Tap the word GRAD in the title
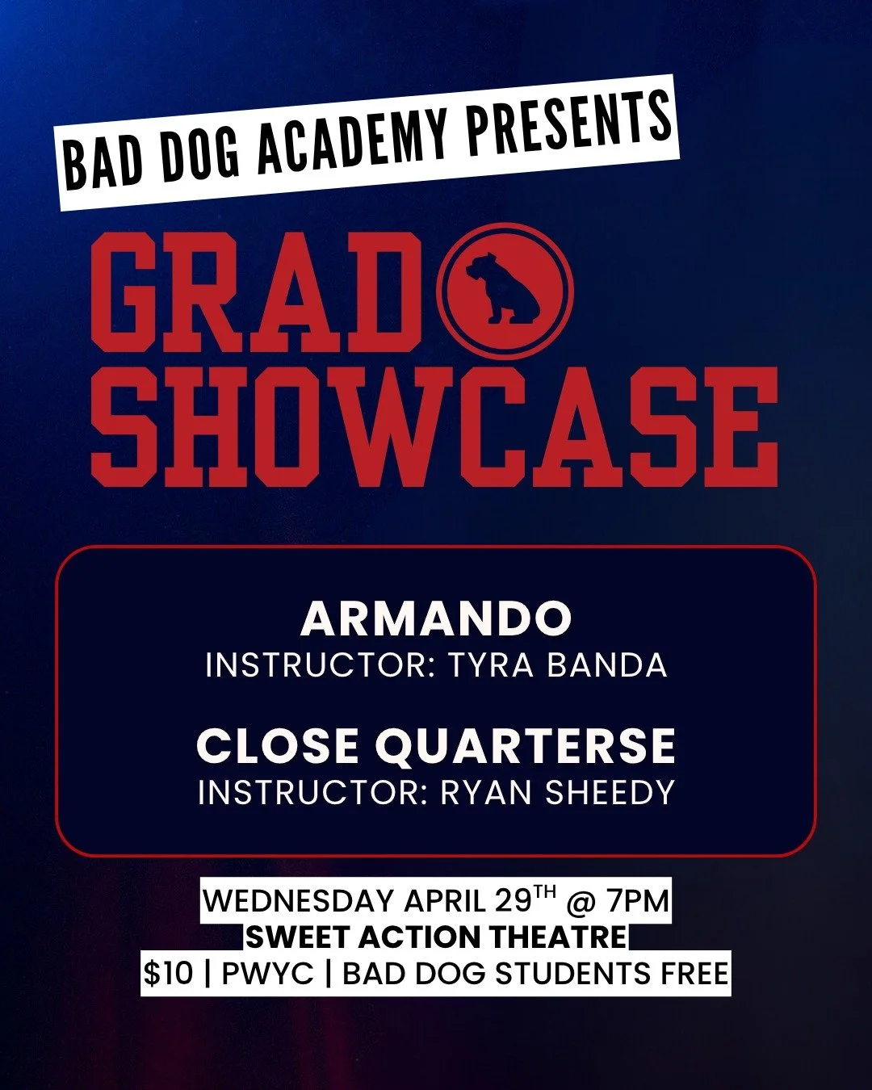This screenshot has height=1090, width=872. coord(258,293)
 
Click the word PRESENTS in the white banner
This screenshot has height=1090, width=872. coord(570,124)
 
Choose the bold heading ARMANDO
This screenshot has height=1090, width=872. coord(436,619)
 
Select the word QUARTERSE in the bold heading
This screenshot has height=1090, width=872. coord(525,746)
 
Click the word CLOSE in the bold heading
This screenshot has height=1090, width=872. coord(279,746)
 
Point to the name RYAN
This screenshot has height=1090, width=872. coord(487,793)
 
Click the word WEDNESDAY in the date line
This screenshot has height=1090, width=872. coord(299,900)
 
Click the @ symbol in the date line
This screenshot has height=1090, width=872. coord(580,901)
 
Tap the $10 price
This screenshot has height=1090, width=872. coord(168,974)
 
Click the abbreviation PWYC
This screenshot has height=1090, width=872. coord(267,974)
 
